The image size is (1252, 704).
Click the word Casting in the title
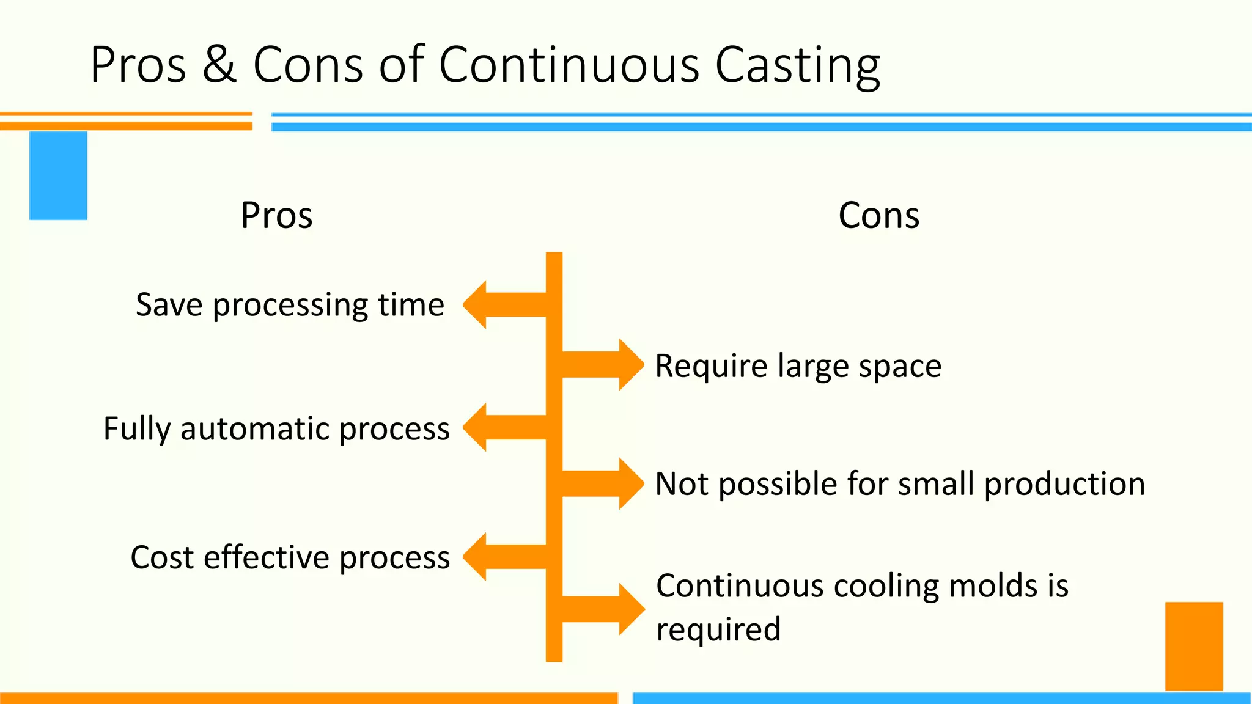(797, 65)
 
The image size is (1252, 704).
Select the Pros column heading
(276, 215)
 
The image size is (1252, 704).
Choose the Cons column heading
(878, 215)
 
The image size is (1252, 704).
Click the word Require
(711, 366)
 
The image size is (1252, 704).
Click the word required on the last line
(718, 629)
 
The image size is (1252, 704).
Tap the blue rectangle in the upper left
(58, 175)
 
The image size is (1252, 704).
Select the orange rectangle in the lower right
(1193, 646)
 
